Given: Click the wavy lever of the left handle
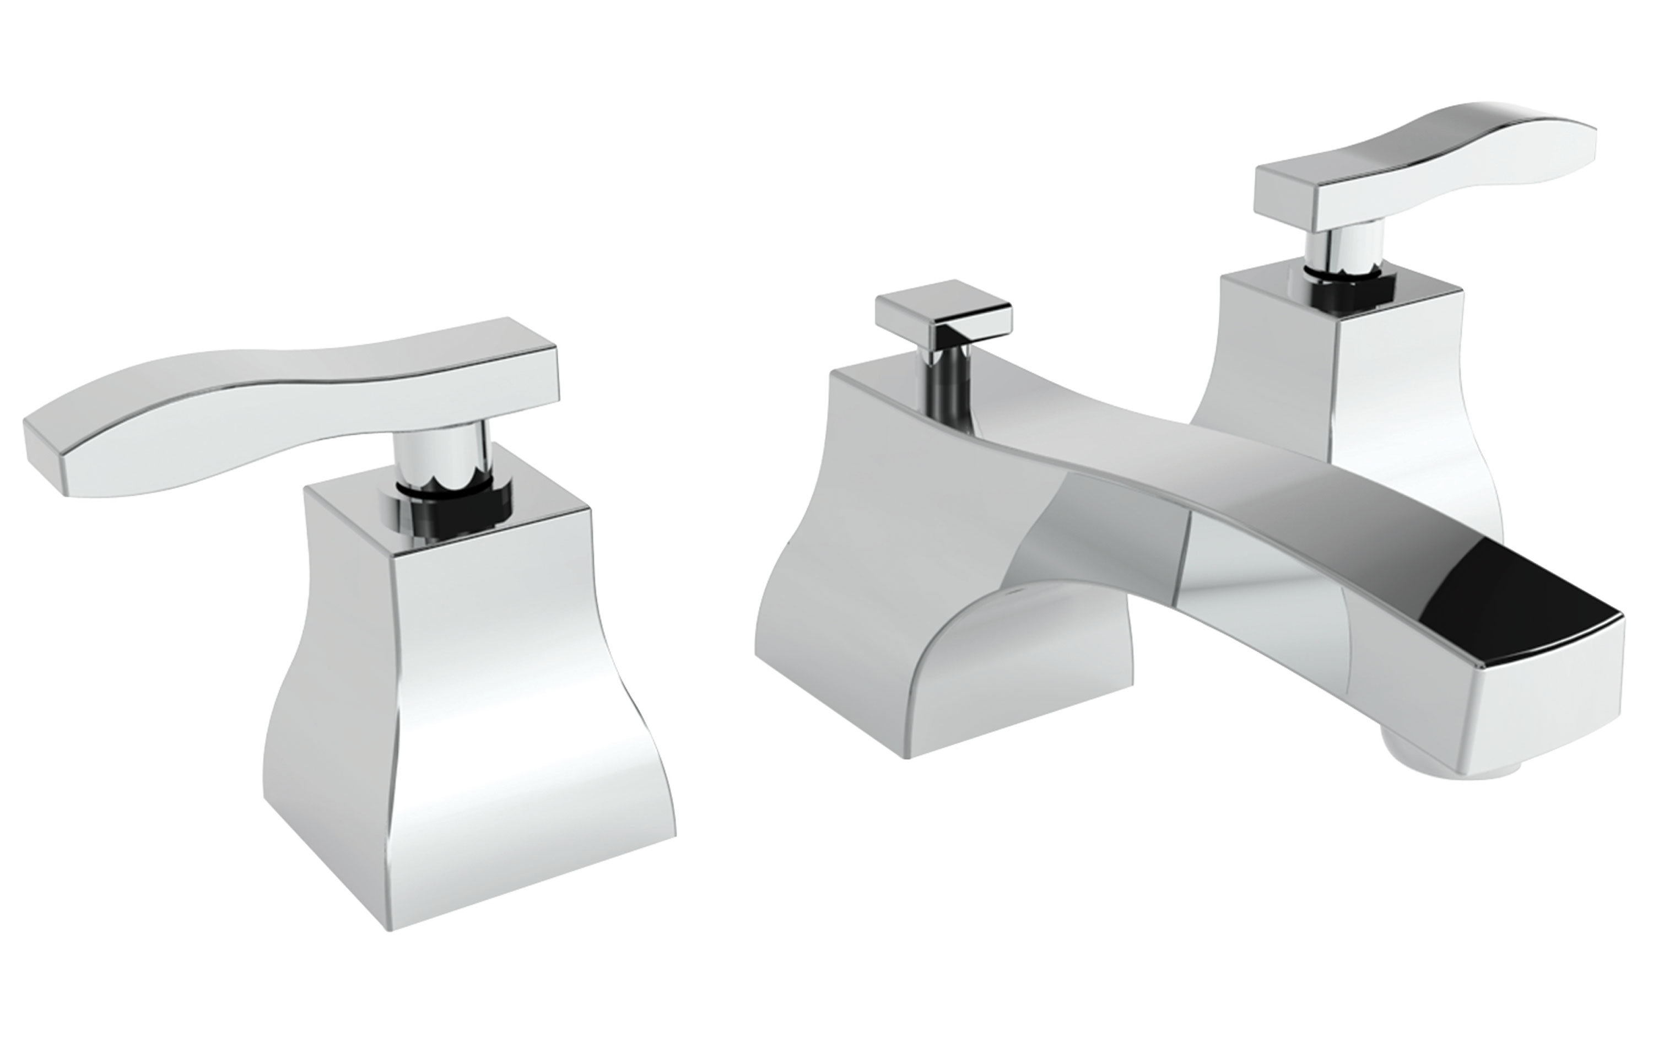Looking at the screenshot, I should click(x=226, y=426).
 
